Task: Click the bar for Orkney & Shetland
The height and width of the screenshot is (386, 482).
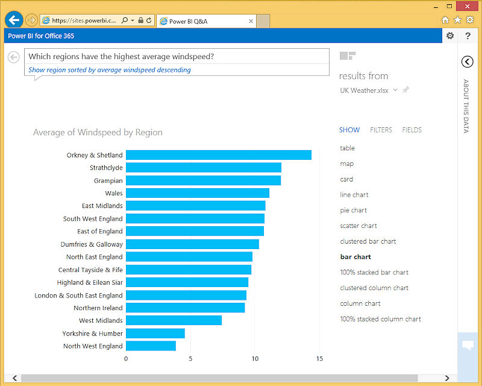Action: click(218, 155)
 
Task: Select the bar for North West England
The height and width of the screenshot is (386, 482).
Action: click(151, 346)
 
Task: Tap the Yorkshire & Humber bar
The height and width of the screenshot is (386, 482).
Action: click(155, 334)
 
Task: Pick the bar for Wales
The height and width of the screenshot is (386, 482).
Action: click(197, 193)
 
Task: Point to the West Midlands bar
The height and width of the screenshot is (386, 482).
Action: click(174, 320)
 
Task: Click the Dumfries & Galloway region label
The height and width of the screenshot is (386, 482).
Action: click(92, 244)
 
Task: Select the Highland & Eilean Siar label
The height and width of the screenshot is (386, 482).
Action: click(90, 282)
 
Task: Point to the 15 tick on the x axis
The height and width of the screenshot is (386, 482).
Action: click(319, 359)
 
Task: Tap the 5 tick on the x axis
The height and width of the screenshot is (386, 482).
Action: click(190, 359)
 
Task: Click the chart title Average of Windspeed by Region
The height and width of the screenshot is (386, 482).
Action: click(98, 133)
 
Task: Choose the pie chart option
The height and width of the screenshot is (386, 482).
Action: click(353, 210)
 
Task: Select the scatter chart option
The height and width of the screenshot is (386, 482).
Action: click(358, 226)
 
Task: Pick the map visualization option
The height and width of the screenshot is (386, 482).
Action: click(346, 163)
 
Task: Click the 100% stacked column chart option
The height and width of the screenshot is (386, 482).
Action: click(380, 319)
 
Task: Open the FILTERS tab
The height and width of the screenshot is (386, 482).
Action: click(381, 130)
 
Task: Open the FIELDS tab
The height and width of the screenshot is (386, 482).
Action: click(412, 130)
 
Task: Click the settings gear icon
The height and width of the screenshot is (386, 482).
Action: click(449, 36)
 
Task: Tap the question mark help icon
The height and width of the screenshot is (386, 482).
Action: click(468, 36)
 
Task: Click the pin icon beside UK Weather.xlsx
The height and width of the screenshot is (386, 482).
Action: click(405, 90)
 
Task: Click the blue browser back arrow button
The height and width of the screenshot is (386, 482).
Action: click(14, 20)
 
